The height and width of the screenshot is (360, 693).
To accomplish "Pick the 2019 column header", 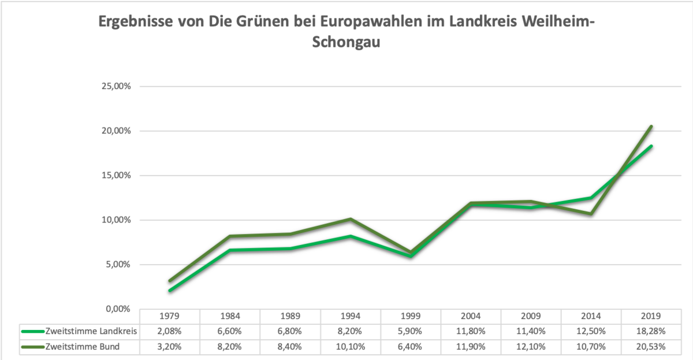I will [651, 317].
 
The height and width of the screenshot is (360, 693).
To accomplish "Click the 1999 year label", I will [411, 317].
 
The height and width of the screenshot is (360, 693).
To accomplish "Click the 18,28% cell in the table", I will [651, 331].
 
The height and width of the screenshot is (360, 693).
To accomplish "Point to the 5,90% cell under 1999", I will [411, 331].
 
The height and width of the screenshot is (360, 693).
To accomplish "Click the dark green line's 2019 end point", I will [651, 126].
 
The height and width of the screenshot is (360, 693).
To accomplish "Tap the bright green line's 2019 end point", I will [651, 146].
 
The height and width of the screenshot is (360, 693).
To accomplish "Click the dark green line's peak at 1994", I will [351, 219].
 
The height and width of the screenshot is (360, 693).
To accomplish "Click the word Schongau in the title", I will [346, 42].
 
